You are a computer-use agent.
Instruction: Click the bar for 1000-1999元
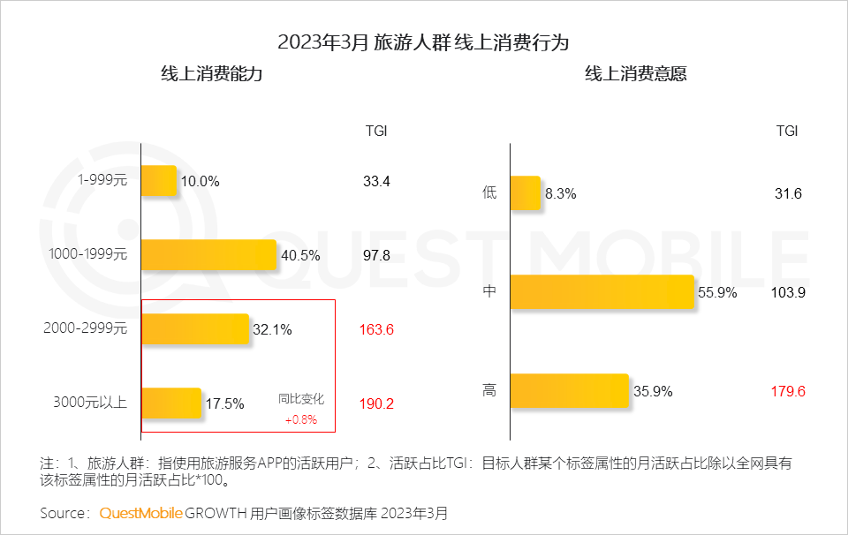pyautogui.click(x=209, y=255)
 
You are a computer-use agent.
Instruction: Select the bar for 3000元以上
pyautogui.click(x=171, y=403)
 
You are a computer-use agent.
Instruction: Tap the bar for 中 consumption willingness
pyautogui.click(x=602, y=292)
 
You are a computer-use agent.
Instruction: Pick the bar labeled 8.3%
pyautogui.click(x=525, y=193)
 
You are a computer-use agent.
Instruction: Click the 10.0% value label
pyautogui.click(x=200, y=182)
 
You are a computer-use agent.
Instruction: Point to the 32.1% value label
pyautogui.click(x=273, y=330)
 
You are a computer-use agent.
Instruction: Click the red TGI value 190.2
pyautogui.click(x=376, y=403)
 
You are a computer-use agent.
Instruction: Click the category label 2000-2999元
pyautogui.click(x=86, y=329)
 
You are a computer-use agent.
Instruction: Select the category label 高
pyautogui.click(x=489, y=390)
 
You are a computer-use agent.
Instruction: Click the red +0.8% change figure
pyautogui.click(x=300, y=419)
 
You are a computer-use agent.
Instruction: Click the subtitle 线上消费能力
pyautogui.click(x=211, y=74)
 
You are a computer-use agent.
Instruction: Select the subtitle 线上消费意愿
pyautogui.click(x=635, y=74)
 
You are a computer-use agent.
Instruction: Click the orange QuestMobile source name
pyautogui.click(x=140, y=513)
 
